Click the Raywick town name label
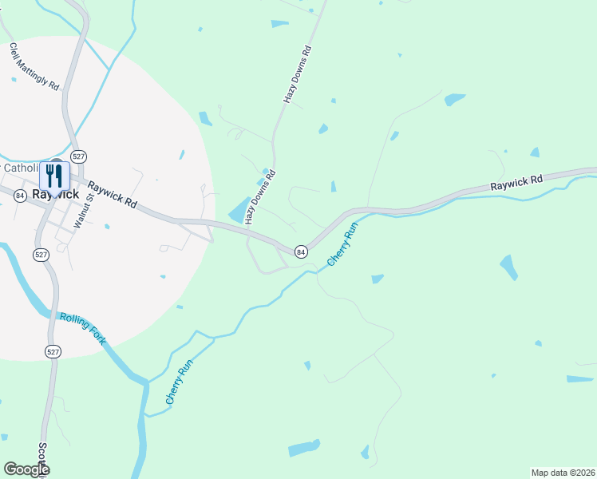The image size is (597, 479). [55, 194]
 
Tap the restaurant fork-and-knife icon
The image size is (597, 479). [54, 175]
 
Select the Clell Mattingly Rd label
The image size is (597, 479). [34, 66]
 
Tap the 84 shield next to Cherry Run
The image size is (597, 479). [300, 251]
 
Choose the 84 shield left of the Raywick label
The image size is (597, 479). [19, 196]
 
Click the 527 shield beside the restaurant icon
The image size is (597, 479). [78, 156]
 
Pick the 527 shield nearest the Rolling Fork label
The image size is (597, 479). [53, 352]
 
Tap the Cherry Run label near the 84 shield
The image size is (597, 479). [342, 244]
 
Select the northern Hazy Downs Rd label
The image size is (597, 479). [296, 73]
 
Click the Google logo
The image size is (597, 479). [26, 469]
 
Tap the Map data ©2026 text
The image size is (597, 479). [563, 473]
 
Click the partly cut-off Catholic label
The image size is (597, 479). [21, 168]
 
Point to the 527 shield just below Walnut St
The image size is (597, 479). [42, 254]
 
